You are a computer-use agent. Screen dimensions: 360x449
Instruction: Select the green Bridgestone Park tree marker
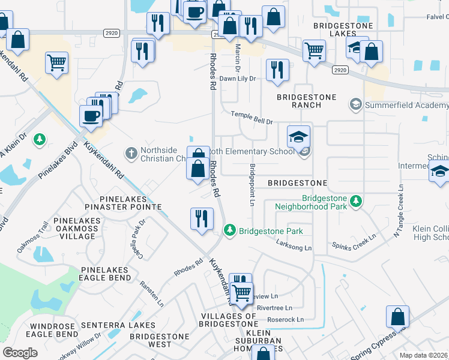[229, 230]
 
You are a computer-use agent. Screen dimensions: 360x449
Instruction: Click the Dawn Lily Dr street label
[237, 79]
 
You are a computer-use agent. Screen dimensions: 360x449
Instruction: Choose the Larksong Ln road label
[294, 244]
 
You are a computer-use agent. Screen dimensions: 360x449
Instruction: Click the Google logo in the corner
[20, 352]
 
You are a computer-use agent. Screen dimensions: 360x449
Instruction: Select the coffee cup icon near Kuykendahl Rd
[91, 116]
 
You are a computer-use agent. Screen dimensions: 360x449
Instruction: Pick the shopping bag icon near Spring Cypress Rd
[397, 316]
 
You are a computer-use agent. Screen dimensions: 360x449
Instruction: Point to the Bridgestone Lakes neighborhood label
[343, 31]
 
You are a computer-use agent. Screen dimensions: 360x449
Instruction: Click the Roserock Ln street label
[286, 320]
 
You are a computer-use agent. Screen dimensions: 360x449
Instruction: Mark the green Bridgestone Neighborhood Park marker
[356, 200]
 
